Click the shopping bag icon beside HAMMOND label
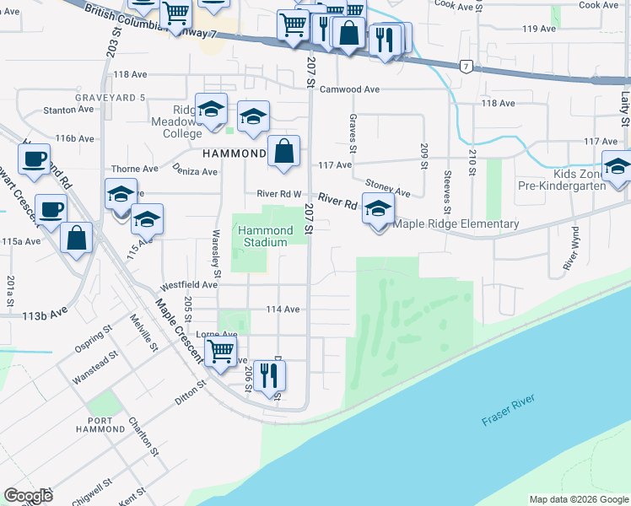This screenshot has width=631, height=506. [x=285, y=152]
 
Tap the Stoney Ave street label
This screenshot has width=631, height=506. [x=387, y=187]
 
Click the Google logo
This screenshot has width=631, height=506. [x=28, y=496]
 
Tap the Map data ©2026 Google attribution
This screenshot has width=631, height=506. [x=578, y=499]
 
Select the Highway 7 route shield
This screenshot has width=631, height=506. [x=466, y=65]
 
